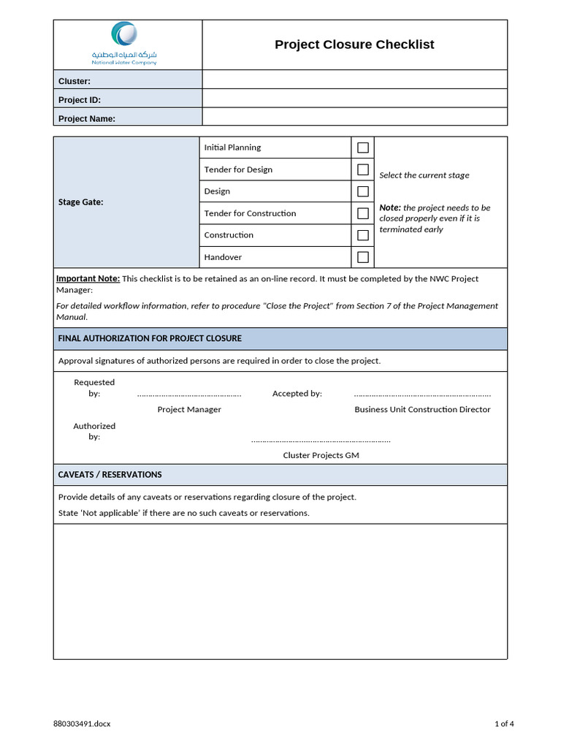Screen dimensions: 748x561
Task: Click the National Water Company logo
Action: pos(123,43)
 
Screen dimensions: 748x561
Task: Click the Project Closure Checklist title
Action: pos(354,45)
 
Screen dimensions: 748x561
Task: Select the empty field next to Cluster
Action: pos(354,80)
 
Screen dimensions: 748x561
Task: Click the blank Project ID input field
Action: pos(354,99)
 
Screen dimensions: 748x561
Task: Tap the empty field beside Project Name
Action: pos(354,117)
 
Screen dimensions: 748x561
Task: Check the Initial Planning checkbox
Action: pos(362,148)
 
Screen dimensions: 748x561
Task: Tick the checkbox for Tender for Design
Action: pos(362,169)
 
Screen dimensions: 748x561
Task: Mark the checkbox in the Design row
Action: pos(362,191)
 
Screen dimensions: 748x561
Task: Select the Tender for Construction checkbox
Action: pos(362,213)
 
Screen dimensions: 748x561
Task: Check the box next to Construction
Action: pos(362,235)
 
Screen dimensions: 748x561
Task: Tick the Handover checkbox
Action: pos(362,257)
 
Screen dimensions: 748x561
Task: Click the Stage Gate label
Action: pos(80,202)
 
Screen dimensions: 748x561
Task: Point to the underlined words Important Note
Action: pos(88,278)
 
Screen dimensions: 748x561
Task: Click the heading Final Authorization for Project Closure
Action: pos(150,338)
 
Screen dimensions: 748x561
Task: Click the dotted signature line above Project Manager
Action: pos(189,394)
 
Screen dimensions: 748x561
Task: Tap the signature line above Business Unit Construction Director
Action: pos(422,394)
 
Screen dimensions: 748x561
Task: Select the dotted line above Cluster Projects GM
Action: pos(321,440)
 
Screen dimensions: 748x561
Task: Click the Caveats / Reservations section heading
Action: pos(110,475)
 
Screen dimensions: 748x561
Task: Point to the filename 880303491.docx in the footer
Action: pos(82,724)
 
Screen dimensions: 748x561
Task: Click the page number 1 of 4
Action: pos(504,724)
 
